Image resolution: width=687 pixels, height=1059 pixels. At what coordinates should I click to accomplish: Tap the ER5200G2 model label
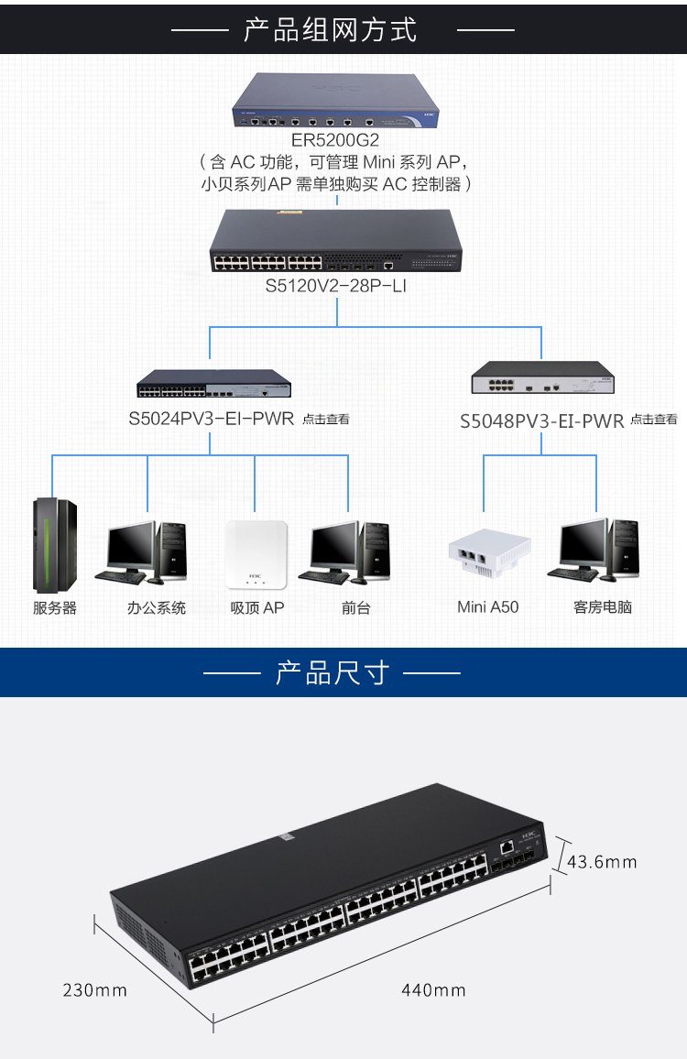coord(335,140)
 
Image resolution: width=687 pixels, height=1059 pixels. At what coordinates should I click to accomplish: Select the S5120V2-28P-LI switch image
coord(336,240)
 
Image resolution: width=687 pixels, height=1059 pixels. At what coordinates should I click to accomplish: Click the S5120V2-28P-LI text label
coord(336,286)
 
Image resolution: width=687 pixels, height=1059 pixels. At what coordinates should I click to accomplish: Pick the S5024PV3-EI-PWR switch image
coord(214,383)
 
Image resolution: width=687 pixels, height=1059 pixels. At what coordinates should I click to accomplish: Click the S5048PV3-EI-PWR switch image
coord(542,377)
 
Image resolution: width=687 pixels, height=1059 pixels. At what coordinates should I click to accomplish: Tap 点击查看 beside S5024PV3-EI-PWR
coord(325,420)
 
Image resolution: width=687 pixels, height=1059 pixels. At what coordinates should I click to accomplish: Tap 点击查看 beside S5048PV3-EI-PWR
coord(654,420)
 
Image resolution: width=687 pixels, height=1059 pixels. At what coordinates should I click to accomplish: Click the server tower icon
coord(55,545)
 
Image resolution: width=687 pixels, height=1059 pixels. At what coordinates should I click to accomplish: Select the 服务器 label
coord(55,608)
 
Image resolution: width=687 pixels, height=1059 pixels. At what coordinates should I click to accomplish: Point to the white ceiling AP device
coord(256,554)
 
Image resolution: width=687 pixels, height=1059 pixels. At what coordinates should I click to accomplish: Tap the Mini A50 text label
coord(487,607)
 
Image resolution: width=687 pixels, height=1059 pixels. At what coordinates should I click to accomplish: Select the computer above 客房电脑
coord(594,550)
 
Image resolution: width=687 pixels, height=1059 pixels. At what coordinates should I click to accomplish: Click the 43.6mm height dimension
coord(602,862)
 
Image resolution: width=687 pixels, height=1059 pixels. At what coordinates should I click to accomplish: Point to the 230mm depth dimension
coord(94,990)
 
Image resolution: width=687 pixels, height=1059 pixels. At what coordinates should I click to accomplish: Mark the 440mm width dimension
coord(433,990)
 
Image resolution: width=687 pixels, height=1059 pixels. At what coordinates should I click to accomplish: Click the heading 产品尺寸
coord(333,673)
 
